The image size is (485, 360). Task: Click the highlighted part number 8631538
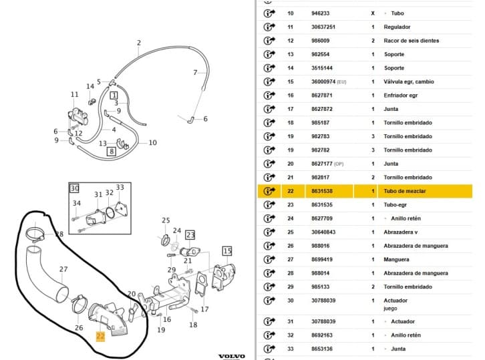tap(322, 191)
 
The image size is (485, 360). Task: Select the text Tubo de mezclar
tap(405, 191)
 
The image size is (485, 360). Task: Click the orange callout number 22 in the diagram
tap(100, 337)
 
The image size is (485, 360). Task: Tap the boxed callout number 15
tap(227, 251)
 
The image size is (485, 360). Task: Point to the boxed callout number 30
tap(75, 188)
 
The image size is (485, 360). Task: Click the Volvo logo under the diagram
tap(232, 357)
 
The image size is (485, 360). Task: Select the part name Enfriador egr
tap(401, 96)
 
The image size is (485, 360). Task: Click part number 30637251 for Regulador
tap(323, 27)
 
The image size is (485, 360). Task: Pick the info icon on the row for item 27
tap(269, 260)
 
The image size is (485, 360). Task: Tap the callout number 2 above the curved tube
tap(139, 43)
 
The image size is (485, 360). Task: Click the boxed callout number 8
tap(112, 151)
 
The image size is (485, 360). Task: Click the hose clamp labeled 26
tap(79, 304)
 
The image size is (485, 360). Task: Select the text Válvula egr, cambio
tap(409, 81)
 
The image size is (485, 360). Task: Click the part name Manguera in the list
tap(396, 260)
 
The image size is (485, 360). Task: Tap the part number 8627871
tap(322, 96)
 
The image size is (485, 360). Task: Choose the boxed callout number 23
tap(190, 235)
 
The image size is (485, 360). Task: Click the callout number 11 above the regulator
tap(75, 94)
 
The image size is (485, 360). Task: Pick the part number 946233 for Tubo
tap(320, 13)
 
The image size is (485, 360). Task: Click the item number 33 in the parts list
tap(290, 349)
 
